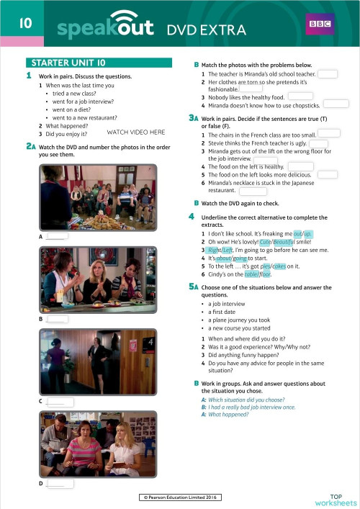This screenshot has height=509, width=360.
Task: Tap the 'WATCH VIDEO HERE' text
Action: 136,132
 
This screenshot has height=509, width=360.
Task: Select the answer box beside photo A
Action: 58,235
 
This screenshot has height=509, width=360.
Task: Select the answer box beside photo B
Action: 58,318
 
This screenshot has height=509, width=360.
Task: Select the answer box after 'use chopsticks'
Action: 336,104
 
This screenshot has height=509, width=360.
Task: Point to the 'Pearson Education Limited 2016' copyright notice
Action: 180,497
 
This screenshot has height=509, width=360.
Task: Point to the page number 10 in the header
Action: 24,24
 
